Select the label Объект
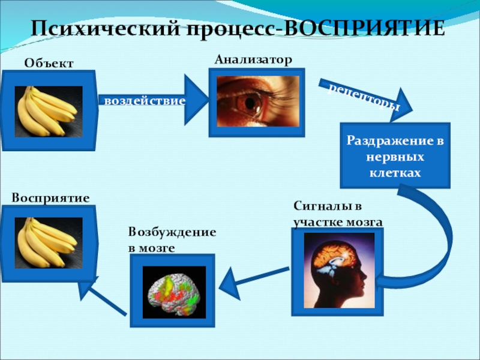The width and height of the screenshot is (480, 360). [x=49, y=62]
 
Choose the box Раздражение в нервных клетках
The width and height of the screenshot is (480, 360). [x=395, y=157]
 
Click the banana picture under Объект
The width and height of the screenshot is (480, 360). [x=48, y=111]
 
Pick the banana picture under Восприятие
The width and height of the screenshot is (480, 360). [x=48, y=242]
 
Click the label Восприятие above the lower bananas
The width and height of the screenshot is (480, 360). [x=50, y=197]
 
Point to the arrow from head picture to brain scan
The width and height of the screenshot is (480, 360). [x=255, y=277]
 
